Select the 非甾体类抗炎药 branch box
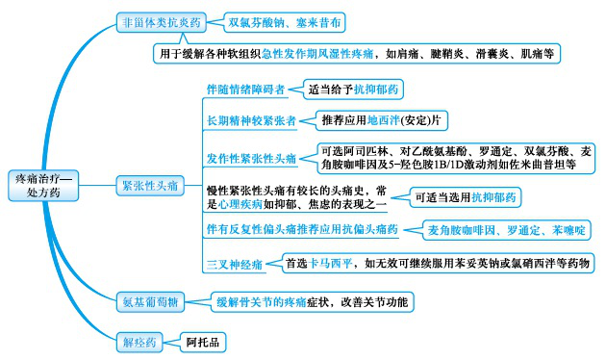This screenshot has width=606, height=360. tap(162, 20)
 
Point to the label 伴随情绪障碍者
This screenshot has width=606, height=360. tap(246, 90)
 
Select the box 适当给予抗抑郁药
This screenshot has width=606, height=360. tap(353, 90)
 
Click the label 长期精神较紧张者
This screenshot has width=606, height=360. tap(253, 122)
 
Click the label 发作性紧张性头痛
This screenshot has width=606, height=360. tap(253, 157)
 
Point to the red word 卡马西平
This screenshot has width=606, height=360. tap(328, 262)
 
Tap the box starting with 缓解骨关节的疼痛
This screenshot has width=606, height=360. tap(312, 301)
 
